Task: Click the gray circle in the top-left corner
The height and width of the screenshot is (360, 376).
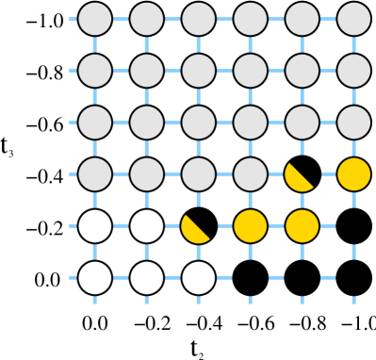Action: coord(95,19)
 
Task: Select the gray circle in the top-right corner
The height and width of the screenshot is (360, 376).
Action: coord(354,19)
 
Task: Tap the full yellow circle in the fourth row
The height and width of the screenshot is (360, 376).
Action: coord(354,174)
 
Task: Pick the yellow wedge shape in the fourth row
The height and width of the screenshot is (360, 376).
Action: coord(297,178)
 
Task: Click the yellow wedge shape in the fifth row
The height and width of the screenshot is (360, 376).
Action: coord(193,230)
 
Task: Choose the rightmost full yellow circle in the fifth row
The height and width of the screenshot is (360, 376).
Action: coord(302,226)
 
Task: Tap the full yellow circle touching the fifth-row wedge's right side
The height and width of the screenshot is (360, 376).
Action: coord(251,226)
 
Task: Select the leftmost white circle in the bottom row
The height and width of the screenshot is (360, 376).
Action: coord(95,278)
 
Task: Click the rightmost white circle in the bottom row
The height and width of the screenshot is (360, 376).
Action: coord(199,278)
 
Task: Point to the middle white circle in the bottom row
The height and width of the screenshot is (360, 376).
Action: coord(147,278)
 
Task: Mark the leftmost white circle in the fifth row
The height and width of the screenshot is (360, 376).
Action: coord(95,226)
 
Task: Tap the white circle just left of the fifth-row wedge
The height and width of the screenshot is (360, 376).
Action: coord(147,226)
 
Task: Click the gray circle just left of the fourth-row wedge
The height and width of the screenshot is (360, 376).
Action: coord(251,174)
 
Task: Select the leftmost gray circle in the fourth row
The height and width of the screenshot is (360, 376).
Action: coord(95,174)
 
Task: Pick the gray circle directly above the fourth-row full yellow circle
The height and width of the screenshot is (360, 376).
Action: coord(354,123)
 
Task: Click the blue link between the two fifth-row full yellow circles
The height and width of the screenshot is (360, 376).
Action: coord(276,226)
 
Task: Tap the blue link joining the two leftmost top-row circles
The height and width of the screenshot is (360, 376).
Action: coord(121,19)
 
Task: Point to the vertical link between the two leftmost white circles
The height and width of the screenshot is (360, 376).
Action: coord(95,252)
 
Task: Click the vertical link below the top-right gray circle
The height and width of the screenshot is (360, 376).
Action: coord(354,44)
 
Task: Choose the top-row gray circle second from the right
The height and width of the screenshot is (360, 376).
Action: coord(302,19)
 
